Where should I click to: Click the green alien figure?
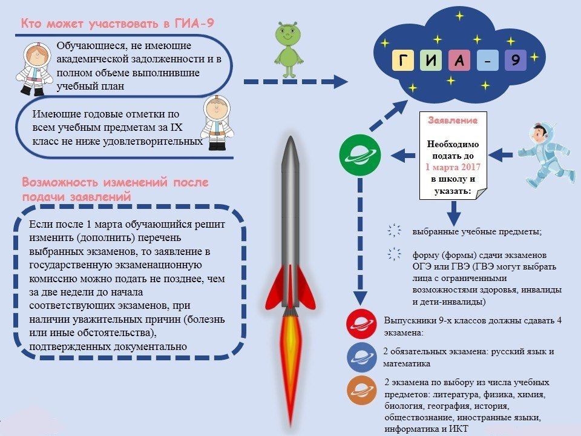tap(288, 50)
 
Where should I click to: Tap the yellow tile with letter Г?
tap(403, 60)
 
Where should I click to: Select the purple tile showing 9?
tap(516, 60)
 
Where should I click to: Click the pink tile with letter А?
tap(459, 60)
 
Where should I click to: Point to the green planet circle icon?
tap(359, 155)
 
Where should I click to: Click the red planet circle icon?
tap(361, 324)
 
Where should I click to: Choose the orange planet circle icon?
tap(362, 391)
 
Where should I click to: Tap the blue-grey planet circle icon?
tap(362, 357)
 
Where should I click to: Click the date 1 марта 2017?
tap(453, 167)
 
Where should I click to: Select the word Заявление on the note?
tap(453, 120)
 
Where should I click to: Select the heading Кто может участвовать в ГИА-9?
tap(117, 24)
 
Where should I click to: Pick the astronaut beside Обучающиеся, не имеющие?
tap(35, 69)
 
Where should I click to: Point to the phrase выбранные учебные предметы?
tap(478, 232)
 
